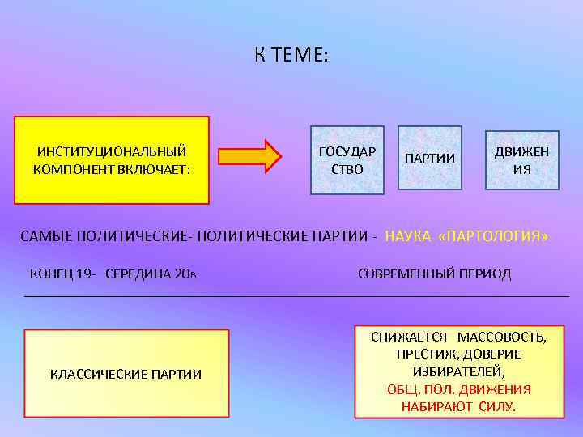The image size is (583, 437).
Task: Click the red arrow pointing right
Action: coord(250,155)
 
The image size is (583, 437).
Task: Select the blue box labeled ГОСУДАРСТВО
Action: coord(347,160)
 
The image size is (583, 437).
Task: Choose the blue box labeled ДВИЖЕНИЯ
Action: coord(521,160)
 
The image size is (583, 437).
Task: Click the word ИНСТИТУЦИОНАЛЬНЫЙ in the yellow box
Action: coord(112,151)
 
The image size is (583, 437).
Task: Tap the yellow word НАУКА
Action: coord(407,236)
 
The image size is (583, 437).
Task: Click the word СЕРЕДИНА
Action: coord(140,274)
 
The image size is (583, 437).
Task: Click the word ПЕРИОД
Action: coord(486,274)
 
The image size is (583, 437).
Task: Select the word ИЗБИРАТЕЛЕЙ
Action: coord(458,371)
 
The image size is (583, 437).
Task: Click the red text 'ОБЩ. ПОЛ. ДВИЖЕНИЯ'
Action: coord(458,388)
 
